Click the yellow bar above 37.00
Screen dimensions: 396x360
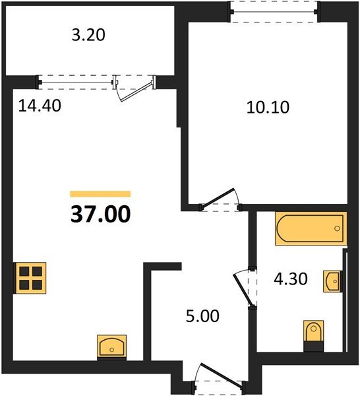point(100,194)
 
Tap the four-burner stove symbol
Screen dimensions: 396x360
point(32,277)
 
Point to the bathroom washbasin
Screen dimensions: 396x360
point(334,282)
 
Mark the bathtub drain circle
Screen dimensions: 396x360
point(337,229)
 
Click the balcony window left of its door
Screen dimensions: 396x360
point(76,82)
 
